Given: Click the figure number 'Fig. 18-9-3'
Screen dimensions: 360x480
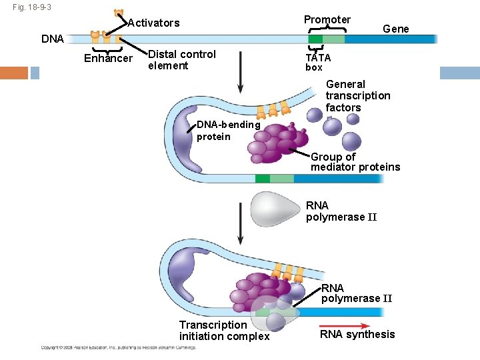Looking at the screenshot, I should click(x=32, y=7).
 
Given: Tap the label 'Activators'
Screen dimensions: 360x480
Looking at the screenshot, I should click(x=153, y=23).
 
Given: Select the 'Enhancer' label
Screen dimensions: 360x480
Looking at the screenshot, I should click(x=108, y=59).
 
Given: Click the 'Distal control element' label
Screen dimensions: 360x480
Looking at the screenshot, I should click(x=181, y=60).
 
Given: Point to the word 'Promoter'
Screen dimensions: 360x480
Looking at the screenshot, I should click(x=327, y=20).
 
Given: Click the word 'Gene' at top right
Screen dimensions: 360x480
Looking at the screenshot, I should click(x=396, y=29).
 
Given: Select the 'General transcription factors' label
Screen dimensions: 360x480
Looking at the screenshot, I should click(x=358, y=96).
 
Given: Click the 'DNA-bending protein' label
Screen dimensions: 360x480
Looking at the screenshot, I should click(x=228, y=131).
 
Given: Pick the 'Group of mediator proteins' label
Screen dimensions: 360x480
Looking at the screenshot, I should click(x=355, y=162).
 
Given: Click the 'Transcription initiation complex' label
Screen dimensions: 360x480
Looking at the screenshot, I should click(x=224, y=331).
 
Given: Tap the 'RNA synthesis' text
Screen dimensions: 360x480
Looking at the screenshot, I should click(x=357, y=335).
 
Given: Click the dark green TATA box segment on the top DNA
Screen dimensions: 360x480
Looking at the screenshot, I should click(x=315, y=39).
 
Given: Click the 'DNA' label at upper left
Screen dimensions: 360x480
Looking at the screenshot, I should click(x=53, y=39).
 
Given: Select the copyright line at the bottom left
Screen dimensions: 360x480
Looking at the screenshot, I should click(x=119, y=347).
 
